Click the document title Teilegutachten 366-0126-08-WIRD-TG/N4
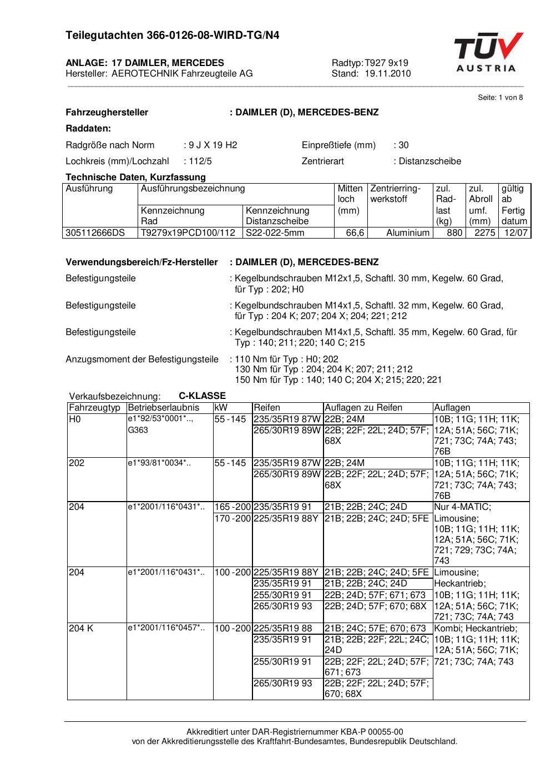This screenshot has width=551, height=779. tap(172, 36)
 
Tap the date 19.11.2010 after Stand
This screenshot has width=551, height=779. tap(388, 73)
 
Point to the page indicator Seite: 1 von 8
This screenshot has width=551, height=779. tap(500, 98)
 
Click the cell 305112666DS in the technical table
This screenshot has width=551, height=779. tap(95, 233)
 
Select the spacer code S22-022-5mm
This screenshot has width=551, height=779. tap(275, 233)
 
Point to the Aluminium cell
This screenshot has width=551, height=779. tap(408, 233)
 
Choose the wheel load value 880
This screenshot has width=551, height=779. tap(454, 233)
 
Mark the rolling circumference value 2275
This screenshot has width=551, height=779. tap(484, 233)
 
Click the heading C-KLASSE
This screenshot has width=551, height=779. tap(202, 396)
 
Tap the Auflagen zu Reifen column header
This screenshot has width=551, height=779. tap(363, 408)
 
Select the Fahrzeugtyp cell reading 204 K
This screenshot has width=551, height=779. tap(81, 629)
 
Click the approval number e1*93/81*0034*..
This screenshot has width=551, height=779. tap(159, 463)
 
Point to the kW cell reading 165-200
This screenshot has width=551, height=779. tap(232, 507)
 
